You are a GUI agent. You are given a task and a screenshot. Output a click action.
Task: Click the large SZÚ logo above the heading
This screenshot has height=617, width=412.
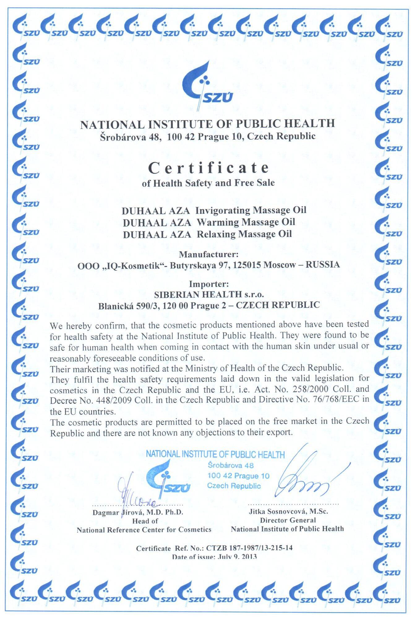tap(207, 86)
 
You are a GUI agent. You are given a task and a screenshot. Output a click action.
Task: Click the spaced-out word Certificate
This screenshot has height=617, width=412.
tap(208, 168)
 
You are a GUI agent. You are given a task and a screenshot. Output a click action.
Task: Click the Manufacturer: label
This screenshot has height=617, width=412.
tap(209, 255)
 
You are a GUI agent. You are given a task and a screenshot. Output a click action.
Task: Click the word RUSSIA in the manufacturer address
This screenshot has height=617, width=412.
tap(322, 265)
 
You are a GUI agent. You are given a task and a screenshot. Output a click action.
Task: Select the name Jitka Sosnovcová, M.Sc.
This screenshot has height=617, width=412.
tap(288, 511)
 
